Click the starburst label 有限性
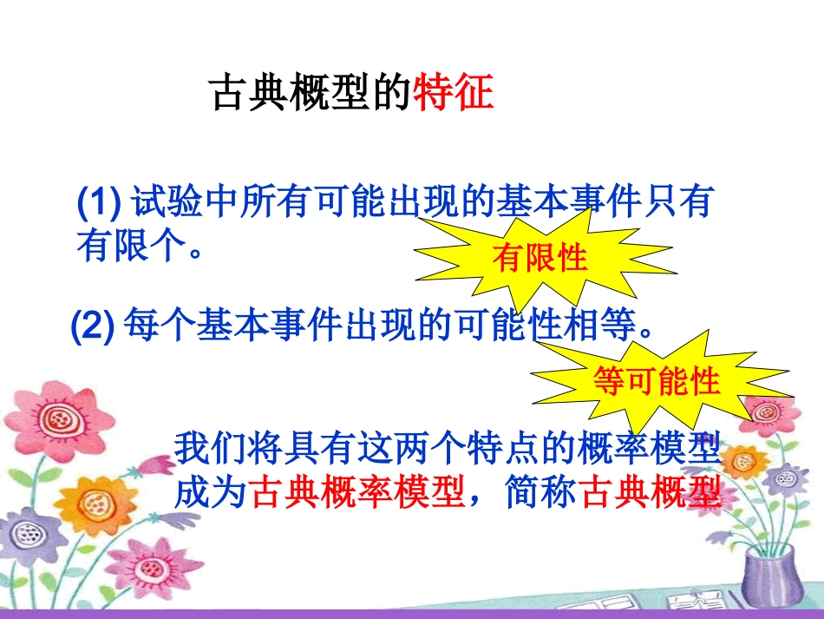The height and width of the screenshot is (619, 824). [540, 258]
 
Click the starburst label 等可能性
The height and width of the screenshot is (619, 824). [657, 381]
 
